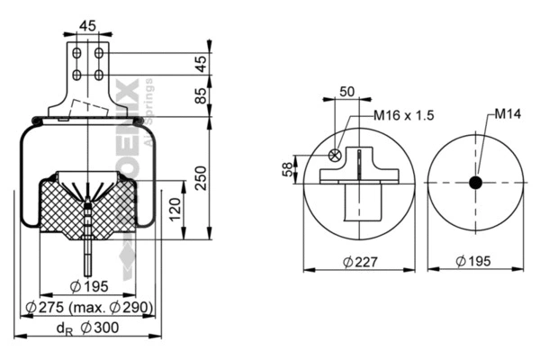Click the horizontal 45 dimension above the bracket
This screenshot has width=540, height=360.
click(87, 25)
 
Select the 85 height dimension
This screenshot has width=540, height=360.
click(202, 94)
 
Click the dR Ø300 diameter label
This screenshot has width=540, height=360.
click(87, 328)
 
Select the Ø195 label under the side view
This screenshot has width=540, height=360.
click(88, 287)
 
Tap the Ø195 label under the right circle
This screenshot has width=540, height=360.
click(476, 262)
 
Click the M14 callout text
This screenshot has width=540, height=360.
click(508, 114)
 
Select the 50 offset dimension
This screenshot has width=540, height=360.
click(346, 92)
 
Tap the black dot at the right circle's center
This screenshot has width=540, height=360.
click(476, 183)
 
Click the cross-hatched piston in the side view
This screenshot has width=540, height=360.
click(87, 205)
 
